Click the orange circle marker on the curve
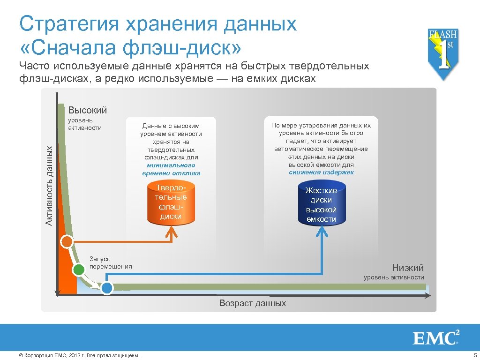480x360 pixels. coord(67,242)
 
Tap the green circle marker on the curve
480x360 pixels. coord(78,270)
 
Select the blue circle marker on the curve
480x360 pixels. coord(107,288)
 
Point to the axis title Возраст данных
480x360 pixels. coord(252,303)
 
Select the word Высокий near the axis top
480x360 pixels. coord(88,111)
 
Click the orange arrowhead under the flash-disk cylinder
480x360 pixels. coord(172,231)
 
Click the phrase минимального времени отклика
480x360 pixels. coord(171,169)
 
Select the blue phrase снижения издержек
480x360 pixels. coord(321,172)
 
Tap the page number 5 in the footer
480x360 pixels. coord(475,355)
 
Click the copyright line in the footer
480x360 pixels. coord(79,355)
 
